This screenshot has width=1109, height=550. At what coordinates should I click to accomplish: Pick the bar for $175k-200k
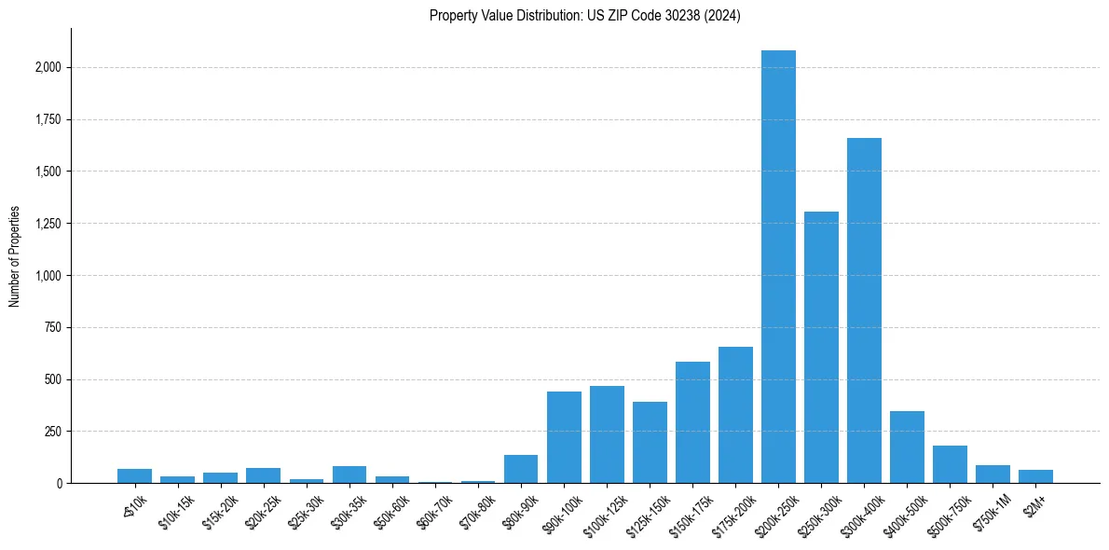click(735, 415)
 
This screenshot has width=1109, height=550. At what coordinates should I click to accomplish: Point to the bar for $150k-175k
click(692, 422)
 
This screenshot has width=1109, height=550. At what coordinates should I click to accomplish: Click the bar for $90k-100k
click(564, 437)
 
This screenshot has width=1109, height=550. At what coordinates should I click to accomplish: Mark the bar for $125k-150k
click(650, 443)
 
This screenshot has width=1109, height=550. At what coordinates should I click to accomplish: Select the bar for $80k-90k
click(521, 469)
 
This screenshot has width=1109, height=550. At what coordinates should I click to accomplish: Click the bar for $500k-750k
click(950, 464)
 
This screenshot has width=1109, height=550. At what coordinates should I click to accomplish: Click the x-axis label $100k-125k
click(603, 509)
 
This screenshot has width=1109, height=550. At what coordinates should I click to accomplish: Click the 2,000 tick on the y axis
click(48, 68)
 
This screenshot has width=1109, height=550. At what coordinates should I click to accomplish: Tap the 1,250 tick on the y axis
click(48, 224)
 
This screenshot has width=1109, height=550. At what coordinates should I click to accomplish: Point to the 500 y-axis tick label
click(54, 379)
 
